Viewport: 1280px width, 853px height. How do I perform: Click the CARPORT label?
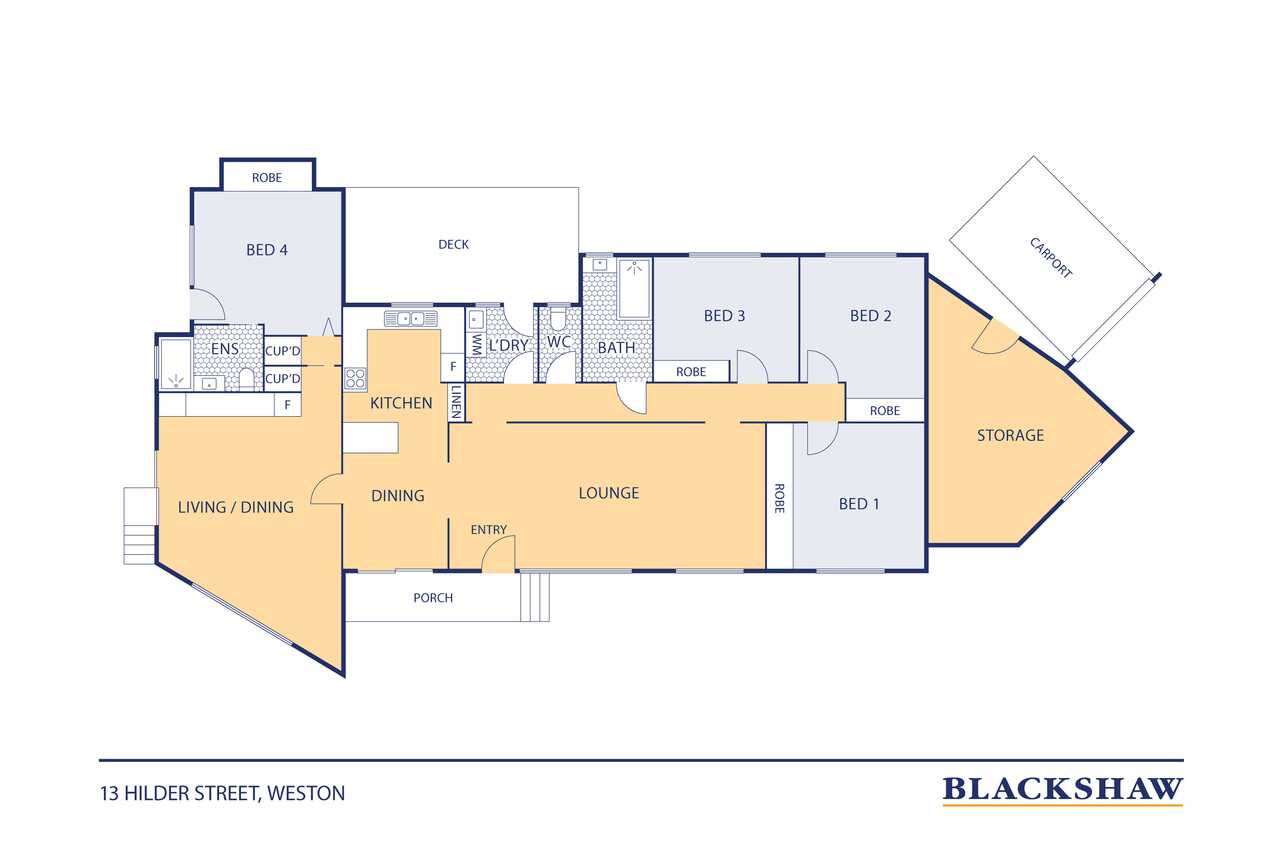1050,258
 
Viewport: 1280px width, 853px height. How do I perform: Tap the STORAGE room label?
1010,435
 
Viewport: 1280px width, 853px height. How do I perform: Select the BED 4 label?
267,250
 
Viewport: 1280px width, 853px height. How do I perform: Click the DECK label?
453,245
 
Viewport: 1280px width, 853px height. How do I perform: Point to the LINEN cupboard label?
456,402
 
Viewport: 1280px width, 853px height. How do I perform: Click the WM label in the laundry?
476,345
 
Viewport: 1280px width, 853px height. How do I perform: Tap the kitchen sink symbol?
411,318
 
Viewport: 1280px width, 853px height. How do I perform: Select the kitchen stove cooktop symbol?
355,378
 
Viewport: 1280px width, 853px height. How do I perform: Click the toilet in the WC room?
557,320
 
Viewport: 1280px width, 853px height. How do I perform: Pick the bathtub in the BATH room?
634,289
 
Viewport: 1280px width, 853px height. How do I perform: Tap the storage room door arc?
995,342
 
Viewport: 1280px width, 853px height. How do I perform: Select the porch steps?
535,596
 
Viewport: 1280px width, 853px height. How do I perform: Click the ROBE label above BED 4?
267,178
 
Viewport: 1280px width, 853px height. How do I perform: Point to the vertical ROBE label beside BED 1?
779,498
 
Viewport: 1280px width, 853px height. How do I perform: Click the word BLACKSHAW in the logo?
1062,789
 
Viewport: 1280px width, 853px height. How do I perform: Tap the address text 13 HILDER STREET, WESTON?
223,794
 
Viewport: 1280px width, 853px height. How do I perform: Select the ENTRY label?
489,530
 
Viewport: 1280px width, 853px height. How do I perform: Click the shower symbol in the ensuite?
176,380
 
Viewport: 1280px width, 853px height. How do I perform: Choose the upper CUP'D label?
283,351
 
